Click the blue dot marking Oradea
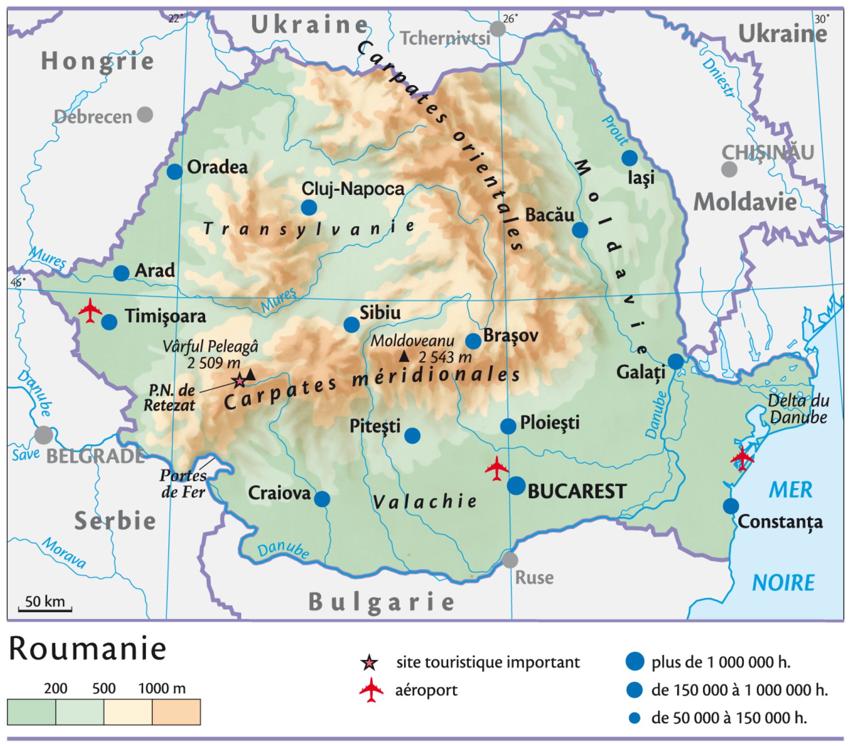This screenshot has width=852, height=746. (x=175, y=171)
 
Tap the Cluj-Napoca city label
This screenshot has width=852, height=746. (x=353, y=188)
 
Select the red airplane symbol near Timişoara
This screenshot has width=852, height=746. (x=90, y=311)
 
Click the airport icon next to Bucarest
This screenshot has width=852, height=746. (x=496, y=469)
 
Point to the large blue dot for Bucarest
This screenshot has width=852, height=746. (x=516, y=486)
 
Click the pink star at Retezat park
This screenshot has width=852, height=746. (x=239, y=381)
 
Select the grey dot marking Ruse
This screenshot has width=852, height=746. (x=509, y=559)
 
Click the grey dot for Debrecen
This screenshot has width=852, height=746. (x=145, y=115)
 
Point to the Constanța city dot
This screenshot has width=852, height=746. (x=731, y=506)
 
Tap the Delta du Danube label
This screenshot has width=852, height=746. (x=798, y=409)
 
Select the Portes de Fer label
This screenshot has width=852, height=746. (x=183, y=484)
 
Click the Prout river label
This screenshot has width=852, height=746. (x=614, y=131)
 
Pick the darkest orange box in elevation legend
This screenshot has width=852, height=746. (x=176, y=712)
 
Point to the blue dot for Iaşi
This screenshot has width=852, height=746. (x=629, y=158)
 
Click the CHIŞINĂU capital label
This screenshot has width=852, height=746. (x=768, y=153)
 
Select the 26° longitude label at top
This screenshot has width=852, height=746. (x=510, y=18)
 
